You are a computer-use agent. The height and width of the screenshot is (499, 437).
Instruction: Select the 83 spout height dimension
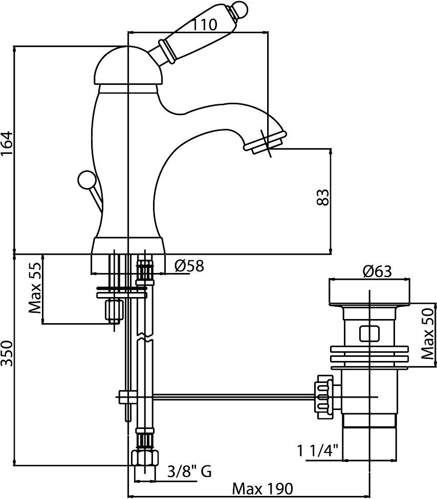click(322, 196)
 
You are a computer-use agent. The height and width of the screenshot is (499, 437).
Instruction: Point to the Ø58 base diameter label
click(189, 266)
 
